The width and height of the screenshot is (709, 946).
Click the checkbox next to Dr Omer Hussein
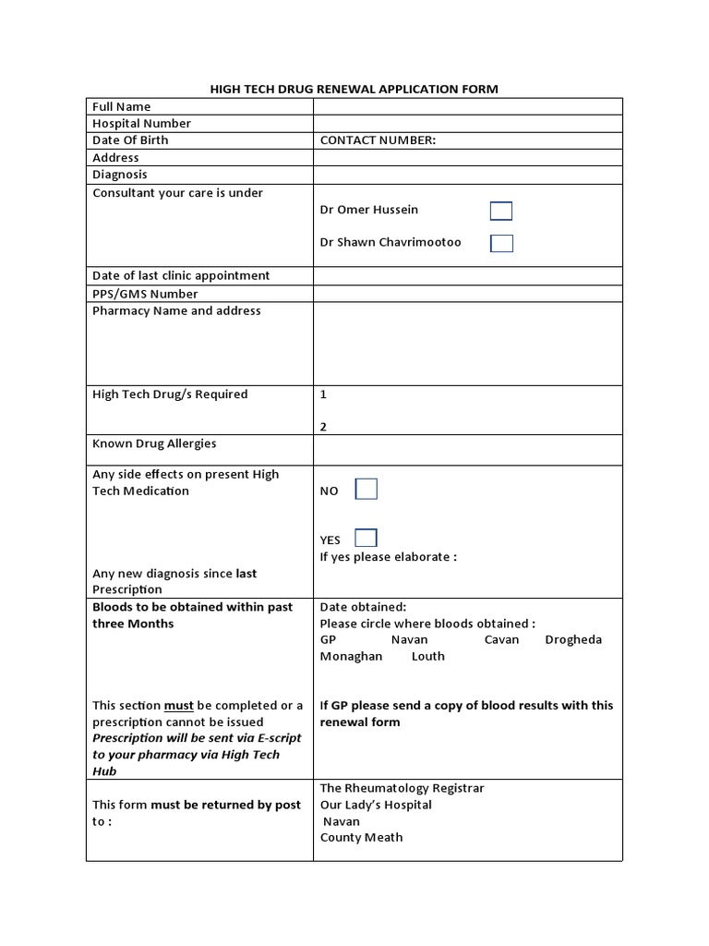pyautogui.click(x=500, y=211)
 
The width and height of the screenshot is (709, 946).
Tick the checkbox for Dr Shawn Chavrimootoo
pyautogui.click(x=501, y=243)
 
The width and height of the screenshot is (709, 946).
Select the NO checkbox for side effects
pyautogui.click(x=367, y=490)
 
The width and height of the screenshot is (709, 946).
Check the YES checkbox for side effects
pyautogui.click(x=366, y=538)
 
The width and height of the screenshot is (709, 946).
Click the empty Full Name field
pyautogui.click(x=467, y=106)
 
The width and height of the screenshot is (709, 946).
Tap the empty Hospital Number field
pyautogui.click(x=467, y=123)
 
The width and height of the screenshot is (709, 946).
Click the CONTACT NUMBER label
pyautogui.click(x=378, y=140)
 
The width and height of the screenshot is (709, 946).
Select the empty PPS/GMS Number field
pyautogui.click(x=467, y=294)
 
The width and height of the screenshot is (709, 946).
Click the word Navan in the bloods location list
pyautogui.click(x=409, y=639)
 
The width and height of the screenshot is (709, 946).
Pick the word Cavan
pyautogui.click(x=501, y=639)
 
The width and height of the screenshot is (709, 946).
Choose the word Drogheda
pyautogui.click(x=573, y=639)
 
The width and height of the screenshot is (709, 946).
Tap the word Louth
pyautogui.click(x=427, y=656)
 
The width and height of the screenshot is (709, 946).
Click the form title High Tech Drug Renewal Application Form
pyautogui.click(x=354, y=89)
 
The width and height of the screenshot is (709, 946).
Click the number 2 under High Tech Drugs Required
pyautogui.click(x=323, y=427)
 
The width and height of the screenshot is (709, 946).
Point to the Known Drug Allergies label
pyautogui.click(x=154, y=443)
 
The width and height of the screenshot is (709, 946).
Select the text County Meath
pyautogui.click(x=361, y=837)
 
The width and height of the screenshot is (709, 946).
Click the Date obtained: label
pyautogui.click(x=363, y=607)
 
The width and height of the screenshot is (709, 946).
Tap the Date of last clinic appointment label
pyautogui.click(x=181, y=275)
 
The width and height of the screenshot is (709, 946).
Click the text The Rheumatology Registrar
pyautogui.click(x=402, y=788)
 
